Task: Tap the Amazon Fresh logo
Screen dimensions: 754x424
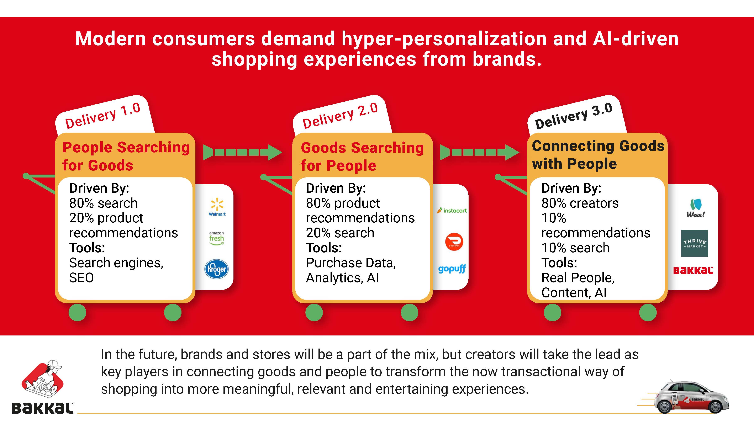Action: tap(217, 238)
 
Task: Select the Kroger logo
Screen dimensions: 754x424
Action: tap(217, 269)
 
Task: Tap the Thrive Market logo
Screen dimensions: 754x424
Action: tap(695, 243)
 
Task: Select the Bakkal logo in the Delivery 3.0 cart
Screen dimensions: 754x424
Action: tap(693, 270)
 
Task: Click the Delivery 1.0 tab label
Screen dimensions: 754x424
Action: tap(103, 116)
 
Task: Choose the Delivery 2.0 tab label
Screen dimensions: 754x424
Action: tap(340, 116)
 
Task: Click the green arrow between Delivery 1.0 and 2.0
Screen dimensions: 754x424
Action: tap(243, 152)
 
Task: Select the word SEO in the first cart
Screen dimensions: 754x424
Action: tap(81, 278)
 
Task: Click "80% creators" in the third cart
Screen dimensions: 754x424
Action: tap(580, 203)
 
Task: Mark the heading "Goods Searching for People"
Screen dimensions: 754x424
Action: tap(362, 157)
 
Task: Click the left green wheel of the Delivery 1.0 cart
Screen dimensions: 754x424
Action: tap(77, 312)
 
